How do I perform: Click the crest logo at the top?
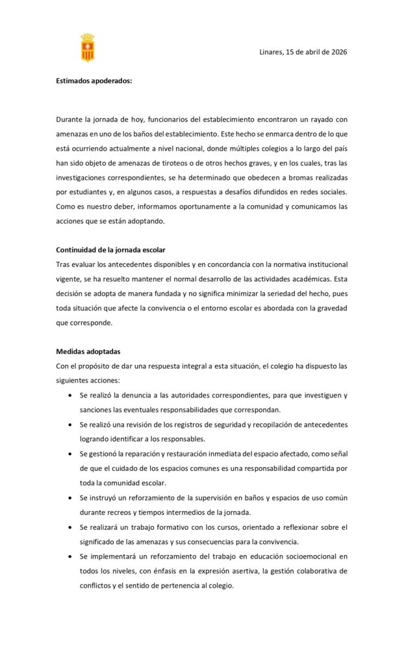point(87,47)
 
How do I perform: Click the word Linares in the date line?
point(271,52)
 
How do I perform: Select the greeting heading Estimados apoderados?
point(94,81)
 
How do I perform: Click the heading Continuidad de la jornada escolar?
point(111,249)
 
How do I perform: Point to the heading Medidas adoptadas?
point(88,351)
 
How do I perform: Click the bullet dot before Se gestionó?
point(69,453)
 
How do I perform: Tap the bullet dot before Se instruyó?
point(69,497)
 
